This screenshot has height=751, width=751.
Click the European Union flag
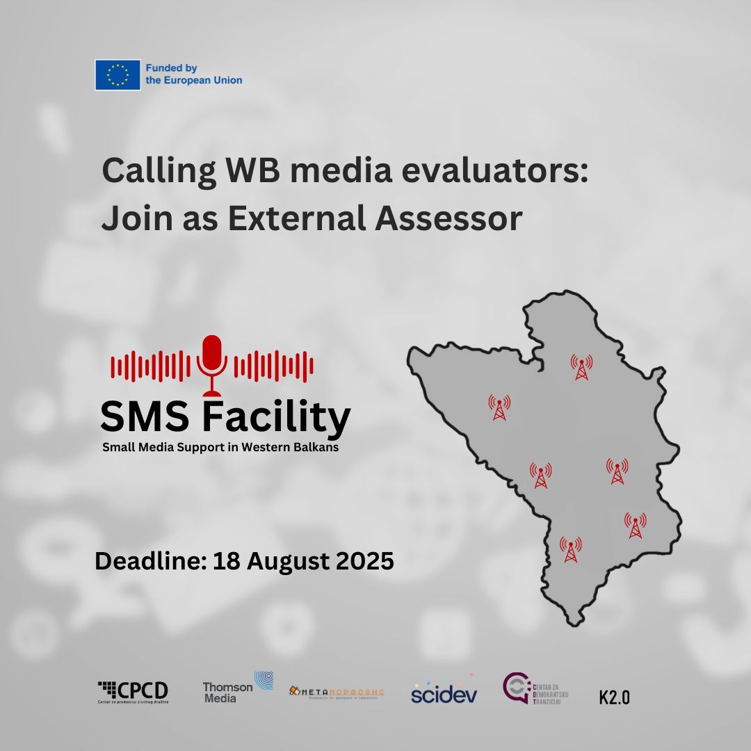point(118,74)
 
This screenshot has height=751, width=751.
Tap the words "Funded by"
point(172,68)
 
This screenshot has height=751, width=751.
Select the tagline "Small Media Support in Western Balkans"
point(220,447)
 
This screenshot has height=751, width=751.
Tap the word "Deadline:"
point(150,561)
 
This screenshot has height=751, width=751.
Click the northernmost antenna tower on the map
point(581,366)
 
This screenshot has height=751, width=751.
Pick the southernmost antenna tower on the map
point(570,549)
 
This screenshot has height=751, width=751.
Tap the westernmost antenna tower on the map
point(499,407)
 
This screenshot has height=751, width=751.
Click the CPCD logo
point(133,692)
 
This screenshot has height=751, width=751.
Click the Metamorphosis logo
point(337,692)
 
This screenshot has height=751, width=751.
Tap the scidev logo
point(444,692)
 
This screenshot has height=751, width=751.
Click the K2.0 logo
point(614,697)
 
